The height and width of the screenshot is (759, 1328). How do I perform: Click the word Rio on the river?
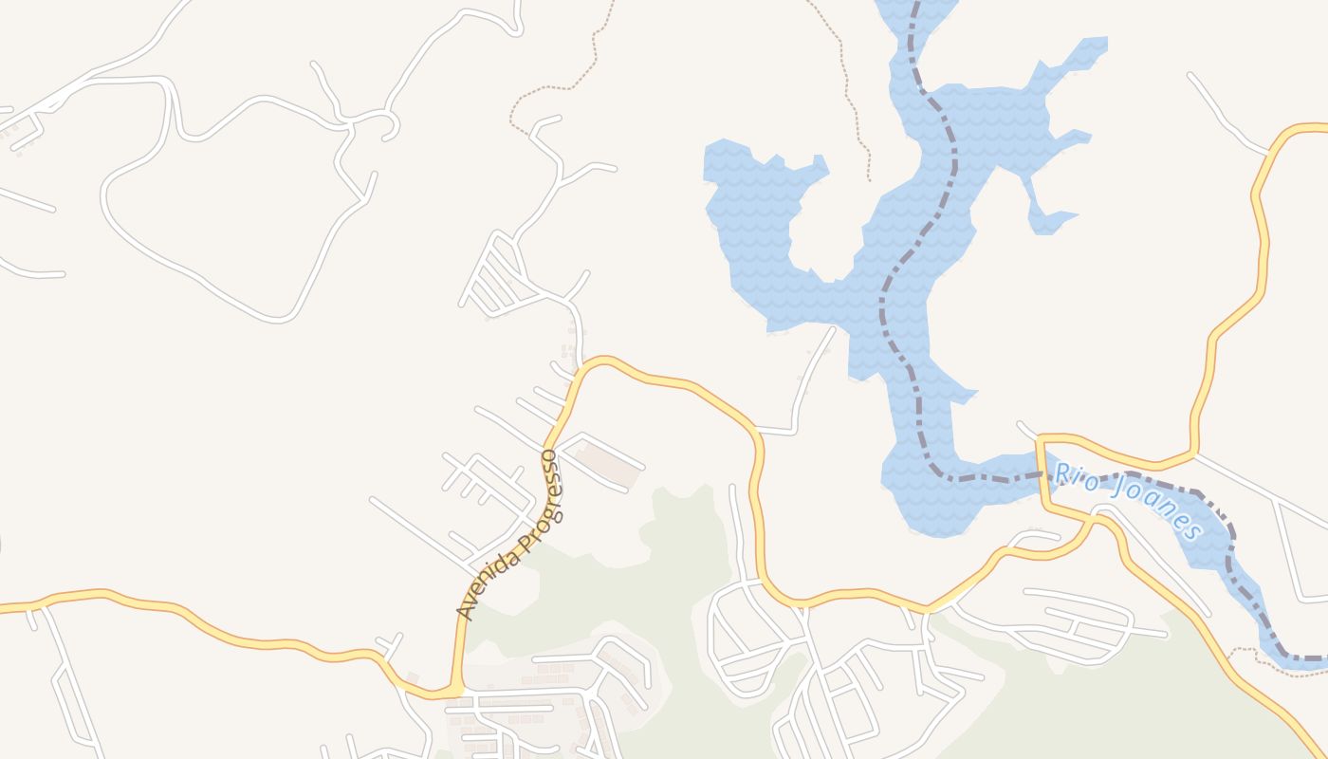point(1076,476)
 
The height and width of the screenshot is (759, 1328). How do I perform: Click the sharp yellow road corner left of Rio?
point(1042,439)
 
